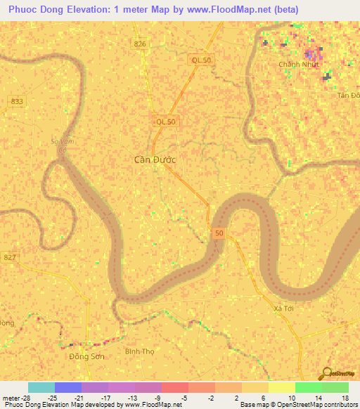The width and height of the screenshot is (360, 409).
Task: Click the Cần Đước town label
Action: click(155, 160)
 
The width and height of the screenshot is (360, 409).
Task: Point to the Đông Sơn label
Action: click(84, 356)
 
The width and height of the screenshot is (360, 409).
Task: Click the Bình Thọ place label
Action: click(138, 350)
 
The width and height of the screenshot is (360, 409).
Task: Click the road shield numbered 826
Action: click(141, 44)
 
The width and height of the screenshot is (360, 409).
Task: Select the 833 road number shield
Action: click(17, 101)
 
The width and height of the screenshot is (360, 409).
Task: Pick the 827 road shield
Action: click(8, 257)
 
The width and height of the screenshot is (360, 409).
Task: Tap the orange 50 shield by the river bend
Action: click(219, 233)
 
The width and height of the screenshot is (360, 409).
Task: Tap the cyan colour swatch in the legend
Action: click(41, 387)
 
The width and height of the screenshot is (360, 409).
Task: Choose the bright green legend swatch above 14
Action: click(308, 387)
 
